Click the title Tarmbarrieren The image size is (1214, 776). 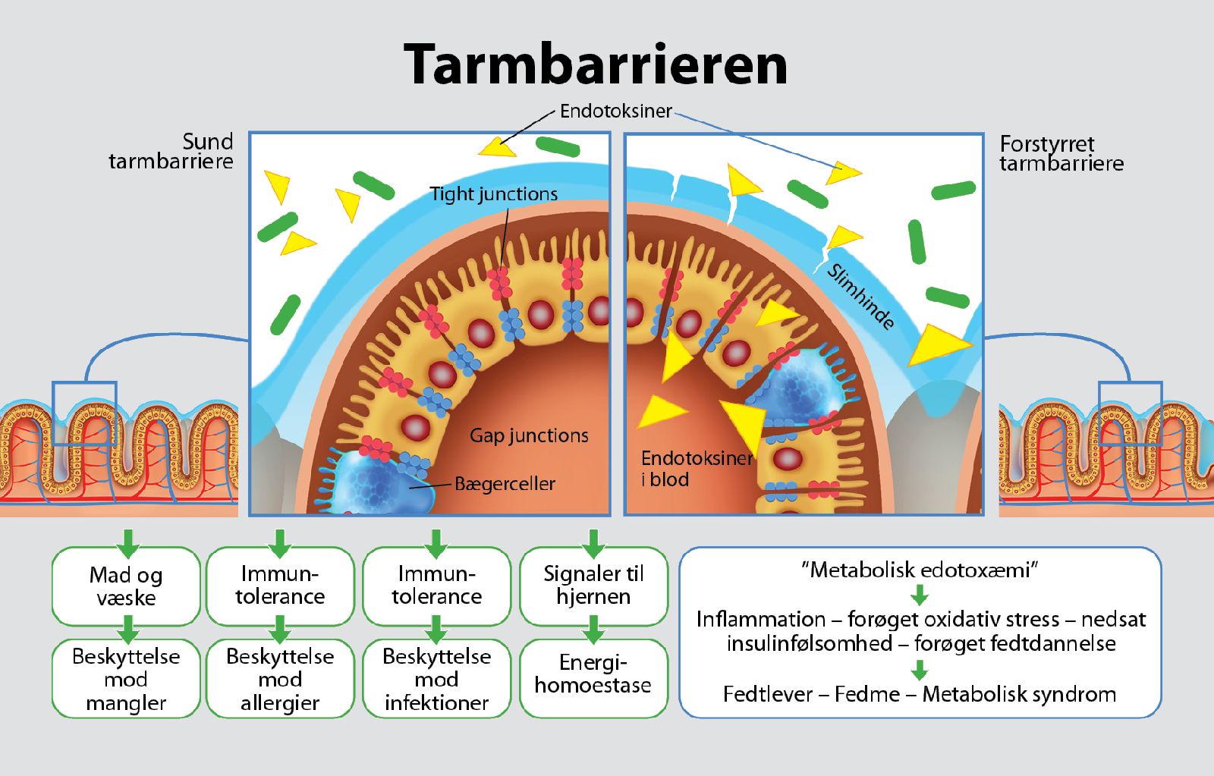click(596, 64)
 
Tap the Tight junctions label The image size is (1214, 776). click(493, 194)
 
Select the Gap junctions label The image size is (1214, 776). click(529, 435)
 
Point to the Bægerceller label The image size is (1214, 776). click(505, 484)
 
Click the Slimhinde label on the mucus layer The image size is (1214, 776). click(860, 297)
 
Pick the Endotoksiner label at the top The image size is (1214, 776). click(615, 112)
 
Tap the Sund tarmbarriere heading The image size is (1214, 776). click(171, 151)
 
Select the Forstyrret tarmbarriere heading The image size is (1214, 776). click(1061, 153)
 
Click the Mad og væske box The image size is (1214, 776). click(126, 586)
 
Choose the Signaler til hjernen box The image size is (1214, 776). click(593, 586)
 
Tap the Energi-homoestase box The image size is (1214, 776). click(593, 674)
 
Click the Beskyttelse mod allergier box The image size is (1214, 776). click(280, 679)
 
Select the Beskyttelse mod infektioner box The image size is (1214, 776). click(436, 679)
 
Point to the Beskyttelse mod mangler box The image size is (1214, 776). click(126, 679)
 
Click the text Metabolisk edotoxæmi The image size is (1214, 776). click(920, 570)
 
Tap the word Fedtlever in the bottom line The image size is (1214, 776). click(768, 694)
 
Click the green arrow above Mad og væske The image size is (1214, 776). click(128, 542)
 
